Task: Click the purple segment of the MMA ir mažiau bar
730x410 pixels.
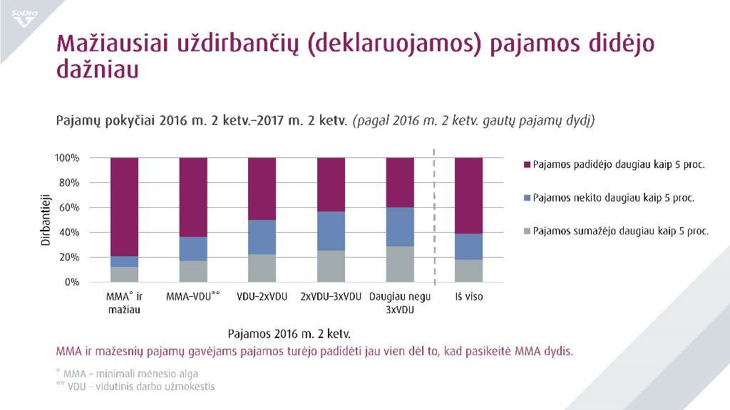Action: pyautogui.click(x=125, y=206)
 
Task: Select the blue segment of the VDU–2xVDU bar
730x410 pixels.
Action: pyautogui.click(x=262, y=237)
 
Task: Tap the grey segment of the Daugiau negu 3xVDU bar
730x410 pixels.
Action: pyautogui.click(x=400, y=264)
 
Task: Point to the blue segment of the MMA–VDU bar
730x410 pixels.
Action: pyautogui.click(x=193, y=248)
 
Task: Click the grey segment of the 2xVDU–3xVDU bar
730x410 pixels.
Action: pyautogui.click(x=331, y=266)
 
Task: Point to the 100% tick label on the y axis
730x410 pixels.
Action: pyautogui.click(x=66, y=158)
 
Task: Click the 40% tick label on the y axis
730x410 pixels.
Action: pyautogui.click(x=69, y=233)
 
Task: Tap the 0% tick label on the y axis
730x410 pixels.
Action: pyautogui.click(x=71, y=283)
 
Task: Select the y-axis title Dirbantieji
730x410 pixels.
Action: pyautogui.click(x=44, y=220)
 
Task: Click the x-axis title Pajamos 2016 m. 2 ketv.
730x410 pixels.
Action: pyautogui.click(x=290, y=333)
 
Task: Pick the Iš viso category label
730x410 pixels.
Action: pyautogui.click(x=468, y=296)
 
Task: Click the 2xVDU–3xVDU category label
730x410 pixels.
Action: pyautogui.click(x=331, y=296)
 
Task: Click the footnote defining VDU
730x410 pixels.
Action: pyautogui.click(x=135, y=387)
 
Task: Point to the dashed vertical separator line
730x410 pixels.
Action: pyautogui.click(x=434, y=214)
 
